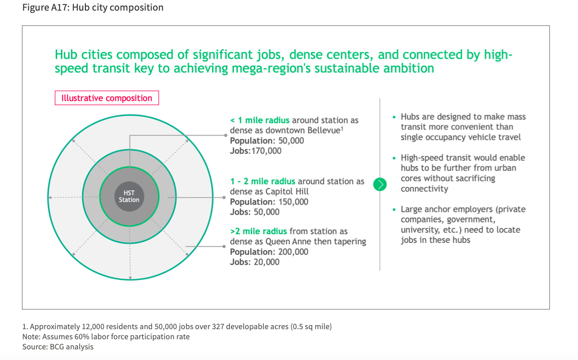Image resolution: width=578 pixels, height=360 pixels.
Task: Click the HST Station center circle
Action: click(x=129, y=197)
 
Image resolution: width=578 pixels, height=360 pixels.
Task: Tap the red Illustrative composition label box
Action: click(x=107, y=98)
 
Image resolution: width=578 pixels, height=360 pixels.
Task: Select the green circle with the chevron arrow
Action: click(x=379, y=184)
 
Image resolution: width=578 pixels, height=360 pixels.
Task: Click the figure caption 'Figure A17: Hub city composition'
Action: click(x=93, y=8)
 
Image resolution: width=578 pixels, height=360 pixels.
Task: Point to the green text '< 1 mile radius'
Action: click(x=260, y=120)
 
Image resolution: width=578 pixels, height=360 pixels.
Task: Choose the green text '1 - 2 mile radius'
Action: click(x=262, y=182)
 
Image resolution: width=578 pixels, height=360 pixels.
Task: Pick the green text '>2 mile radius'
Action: click(x=258, y=231)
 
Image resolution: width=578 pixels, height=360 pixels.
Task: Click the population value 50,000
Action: click(x=291, y=141)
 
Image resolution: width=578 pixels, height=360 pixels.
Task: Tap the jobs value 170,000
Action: click(x=266, y=151)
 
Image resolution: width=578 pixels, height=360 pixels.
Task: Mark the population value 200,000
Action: click(x=294, y=252)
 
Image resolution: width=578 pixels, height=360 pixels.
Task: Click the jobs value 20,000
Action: click(x=266, y=262)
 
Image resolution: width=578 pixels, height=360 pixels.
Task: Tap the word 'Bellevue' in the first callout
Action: click(x=323, y=130)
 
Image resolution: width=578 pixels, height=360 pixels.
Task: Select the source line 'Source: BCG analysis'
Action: click(x=58, y=347)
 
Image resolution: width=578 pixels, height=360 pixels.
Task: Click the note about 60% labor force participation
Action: click(x=106, y=337)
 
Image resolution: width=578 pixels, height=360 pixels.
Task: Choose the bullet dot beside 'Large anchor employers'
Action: click(x=394, y=209)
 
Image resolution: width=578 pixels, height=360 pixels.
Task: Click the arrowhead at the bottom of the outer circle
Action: click(x=130, y=278)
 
